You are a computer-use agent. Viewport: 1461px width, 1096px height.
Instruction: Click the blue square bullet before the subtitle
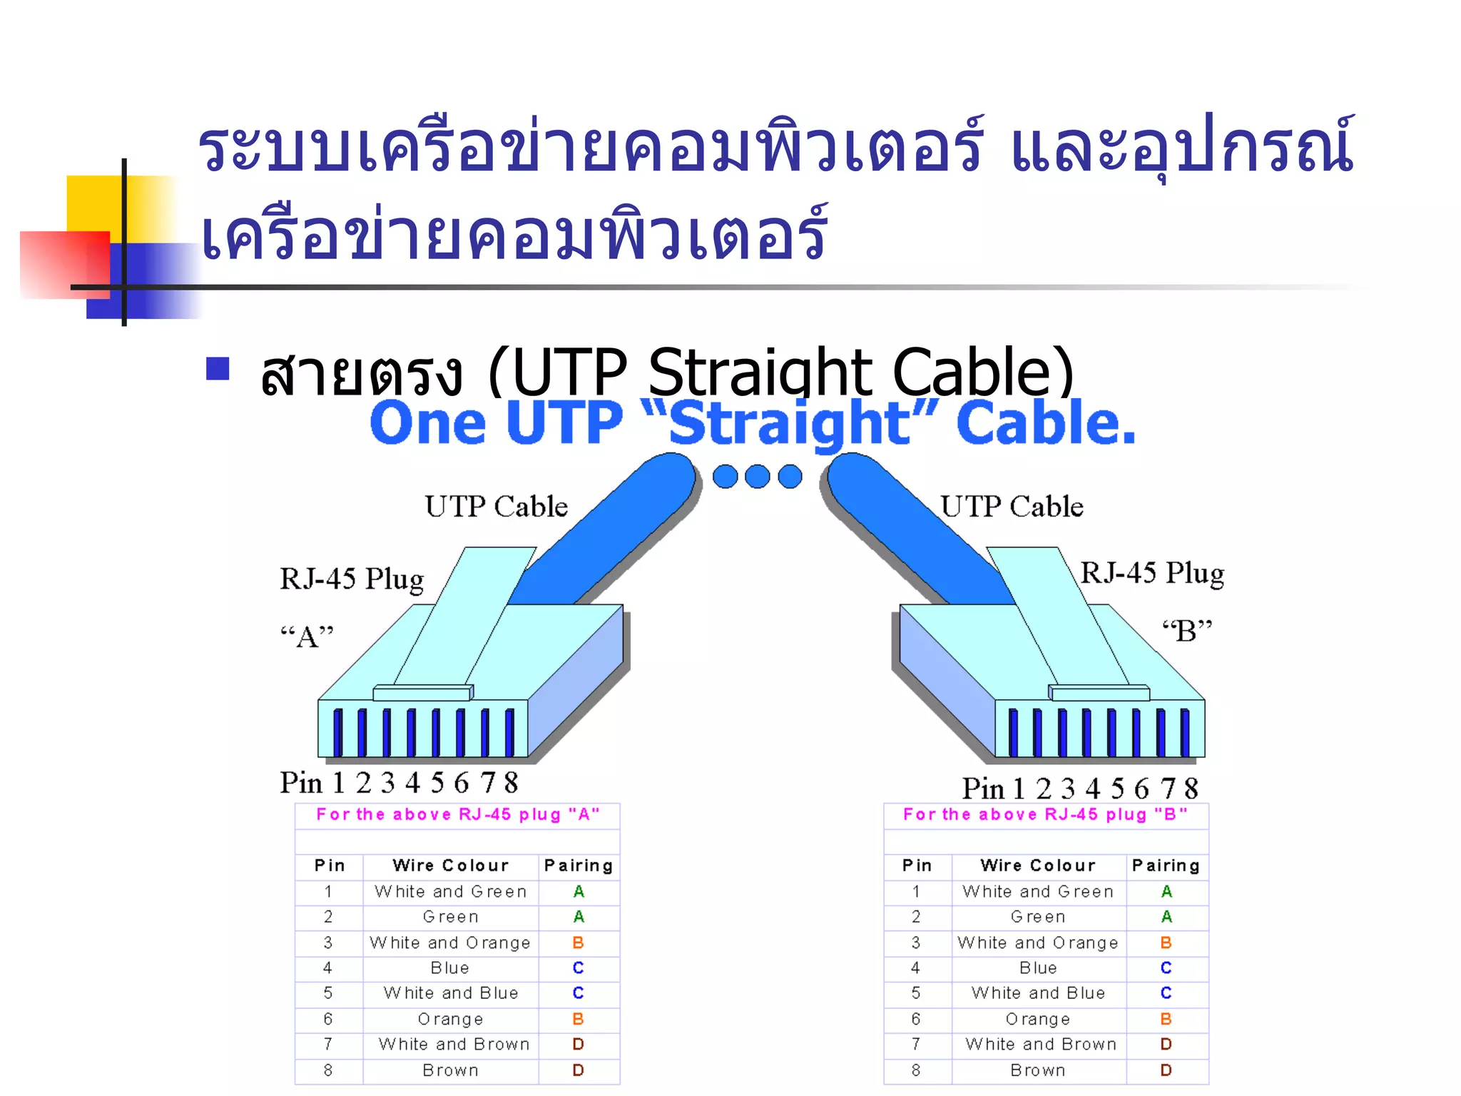218,369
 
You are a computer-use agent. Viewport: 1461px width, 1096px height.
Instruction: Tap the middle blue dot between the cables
757,477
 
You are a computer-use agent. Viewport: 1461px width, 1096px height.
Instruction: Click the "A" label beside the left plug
307,636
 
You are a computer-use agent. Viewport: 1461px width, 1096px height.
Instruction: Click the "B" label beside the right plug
1187,631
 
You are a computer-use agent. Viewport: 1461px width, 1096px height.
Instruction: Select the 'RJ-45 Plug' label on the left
352,579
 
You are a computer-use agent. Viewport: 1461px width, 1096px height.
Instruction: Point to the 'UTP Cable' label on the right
1012,507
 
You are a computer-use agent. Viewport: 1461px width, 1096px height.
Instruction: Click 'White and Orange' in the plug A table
450,943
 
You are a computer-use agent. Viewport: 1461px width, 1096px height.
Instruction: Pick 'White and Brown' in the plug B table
1040,1044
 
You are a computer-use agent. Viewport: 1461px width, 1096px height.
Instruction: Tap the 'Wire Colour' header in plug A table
450,866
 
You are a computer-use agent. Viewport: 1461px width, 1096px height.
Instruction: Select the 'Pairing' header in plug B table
1166,866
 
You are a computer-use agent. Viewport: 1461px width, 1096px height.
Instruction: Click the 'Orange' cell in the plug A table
450,1019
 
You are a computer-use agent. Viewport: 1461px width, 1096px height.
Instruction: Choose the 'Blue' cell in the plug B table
1038,968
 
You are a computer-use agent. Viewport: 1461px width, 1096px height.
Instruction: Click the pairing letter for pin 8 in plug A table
578,1070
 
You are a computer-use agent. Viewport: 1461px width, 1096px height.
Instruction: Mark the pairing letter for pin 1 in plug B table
1166,891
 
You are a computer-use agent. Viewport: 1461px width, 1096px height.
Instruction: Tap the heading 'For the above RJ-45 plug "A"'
457,814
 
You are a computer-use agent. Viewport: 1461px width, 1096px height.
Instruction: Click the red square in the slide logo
64,264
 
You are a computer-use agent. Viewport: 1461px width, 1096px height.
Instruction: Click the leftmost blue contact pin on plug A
337,732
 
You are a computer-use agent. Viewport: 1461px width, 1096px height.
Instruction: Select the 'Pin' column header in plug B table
917,866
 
